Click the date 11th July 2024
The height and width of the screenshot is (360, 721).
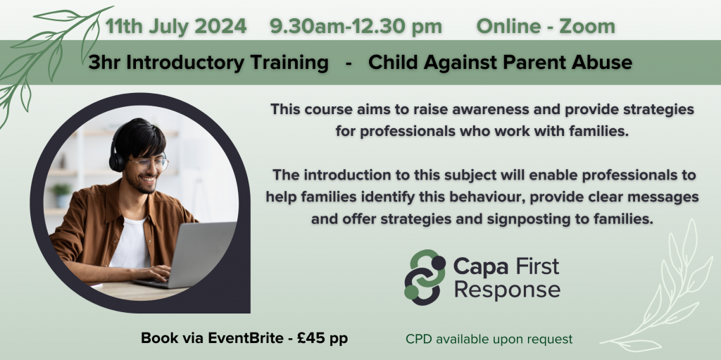(176, 27)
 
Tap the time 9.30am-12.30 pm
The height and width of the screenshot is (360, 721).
(356, 27)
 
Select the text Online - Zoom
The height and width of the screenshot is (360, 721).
(546, 27)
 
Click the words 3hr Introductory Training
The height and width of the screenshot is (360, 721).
(209, 63)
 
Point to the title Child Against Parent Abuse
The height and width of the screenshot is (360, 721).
(500, 63)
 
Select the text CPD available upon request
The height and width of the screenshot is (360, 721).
(489, 339)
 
